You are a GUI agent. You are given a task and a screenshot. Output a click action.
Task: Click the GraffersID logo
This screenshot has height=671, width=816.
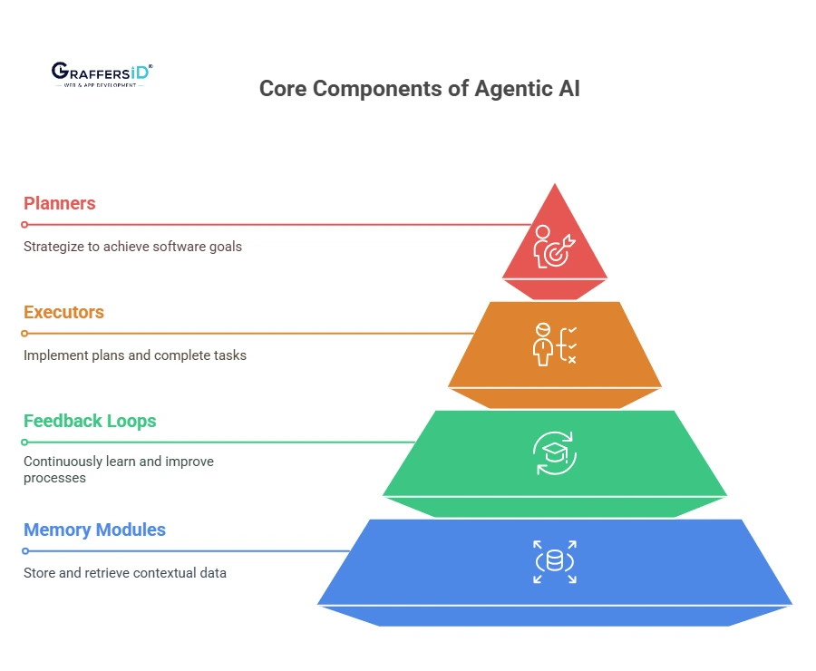pyautogui.click(x=102, y=73)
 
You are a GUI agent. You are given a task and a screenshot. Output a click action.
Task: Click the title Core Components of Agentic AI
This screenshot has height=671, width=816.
pyautogui.click(x=419, y=89)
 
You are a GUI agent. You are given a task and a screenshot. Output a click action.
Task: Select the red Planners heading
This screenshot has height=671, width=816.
pyautogui.click(x=60, y=203)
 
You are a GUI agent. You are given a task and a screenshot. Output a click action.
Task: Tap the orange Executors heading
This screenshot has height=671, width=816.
pyautogui.click(x=63, y=312)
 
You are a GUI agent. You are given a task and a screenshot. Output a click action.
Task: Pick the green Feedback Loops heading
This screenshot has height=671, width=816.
pyautogui.click(x=90, y=421)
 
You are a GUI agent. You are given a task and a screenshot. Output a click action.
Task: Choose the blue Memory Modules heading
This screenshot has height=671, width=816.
pyautogui.click(x=94, y=530)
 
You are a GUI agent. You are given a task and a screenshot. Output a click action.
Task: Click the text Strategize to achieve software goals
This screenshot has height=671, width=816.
pyautogui.click(x=132, y=247)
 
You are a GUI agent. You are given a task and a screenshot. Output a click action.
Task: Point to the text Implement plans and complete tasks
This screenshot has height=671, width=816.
pyautogui.click(x=135, y=355)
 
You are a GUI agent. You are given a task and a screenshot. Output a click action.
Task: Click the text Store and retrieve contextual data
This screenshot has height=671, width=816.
pyautogui.click(x=125, y=573)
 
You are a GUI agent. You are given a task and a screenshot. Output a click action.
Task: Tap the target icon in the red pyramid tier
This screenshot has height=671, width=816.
pyautogui.click(x=553, y=248)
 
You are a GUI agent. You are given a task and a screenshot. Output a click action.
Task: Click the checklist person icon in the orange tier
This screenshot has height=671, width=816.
pyautogui.click(x=554, y=345)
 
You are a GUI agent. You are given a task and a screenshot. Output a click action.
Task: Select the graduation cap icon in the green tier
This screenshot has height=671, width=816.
pyautogui.click(x=554, y=453)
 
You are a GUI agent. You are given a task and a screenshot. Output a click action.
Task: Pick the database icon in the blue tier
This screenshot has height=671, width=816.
pyautogui.click(x=554, y=561)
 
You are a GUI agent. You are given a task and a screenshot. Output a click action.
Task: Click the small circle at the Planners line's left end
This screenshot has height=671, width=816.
pyautogui.click(x=25, y=225)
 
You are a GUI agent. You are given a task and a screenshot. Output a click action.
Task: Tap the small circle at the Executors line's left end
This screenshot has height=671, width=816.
pyautogui.click(x=25, y=334)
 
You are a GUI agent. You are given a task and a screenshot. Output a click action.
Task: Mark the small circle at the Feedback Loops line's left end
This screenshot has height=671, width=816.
pyautogui.click(x=25, y=442)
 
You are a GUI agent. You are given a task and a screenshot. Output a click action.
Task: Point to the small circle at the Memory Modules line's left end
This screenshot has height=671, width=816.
pyautogui.click(x=25, y=551)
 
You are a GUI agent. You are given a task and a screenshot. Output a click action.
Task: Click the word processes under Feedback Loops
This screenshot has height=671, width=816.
pyautogui.click(x=54, y=478)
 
